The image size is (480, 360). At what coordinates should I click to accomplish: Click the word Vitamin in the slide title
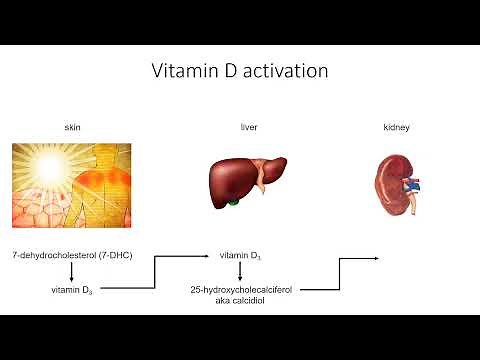click(184, 72)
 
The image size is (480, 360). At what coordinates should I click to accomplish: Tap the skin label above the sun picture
click(67, 128)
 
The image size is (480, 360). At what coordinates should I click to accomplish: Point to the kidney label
click(396, 128)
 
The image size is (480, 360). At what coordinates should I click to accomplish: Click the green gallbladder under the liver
click(235, 205)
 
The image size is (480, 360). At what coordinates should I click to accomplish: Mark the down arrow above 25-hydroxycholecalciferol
click(240, 272)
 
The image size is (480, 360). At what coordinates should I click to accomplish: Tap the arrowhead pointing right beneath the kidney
click(375, 258)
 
